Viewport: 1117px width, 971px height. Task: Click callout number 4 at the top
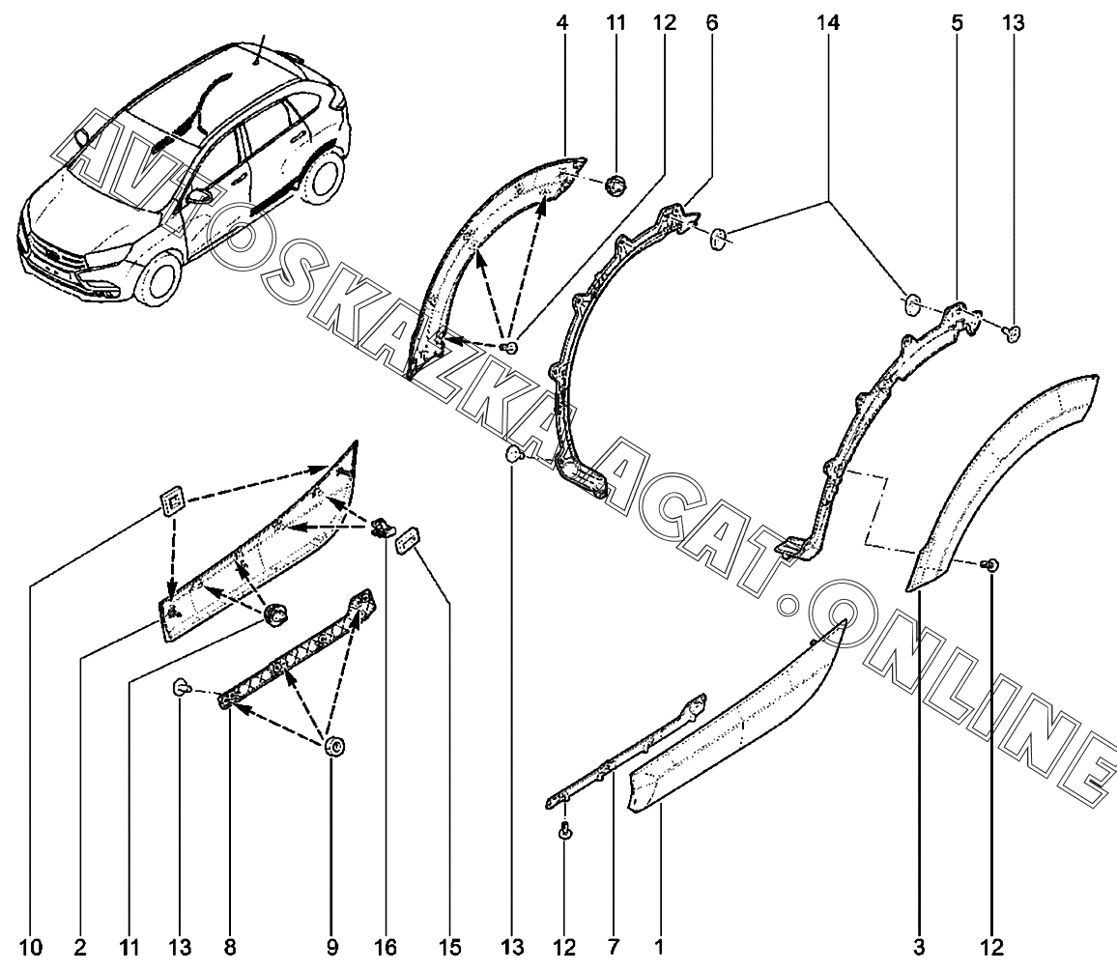coord(562,23)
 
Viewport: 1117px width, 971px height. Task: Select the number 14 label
coord(828,23)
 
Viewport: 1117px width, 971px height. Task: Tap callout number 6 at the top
coord(712,23)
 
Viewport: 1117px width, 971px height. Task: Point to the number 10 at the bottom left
coord(31,947)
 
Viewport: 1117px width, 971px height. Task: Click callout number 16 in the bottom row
coord(386,947)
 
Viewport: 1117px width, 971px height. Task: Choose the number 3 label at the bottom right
coord(920,947)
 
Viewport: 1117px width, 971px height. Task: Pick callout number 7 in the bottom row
coord(614,947)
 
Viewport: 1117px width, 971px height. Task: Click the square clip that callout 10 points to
coord(172,503)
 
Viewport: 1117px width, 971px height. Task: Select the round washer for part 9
coord(334,747)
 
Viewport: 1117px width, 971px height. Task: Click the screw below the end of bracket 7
coord(565,831)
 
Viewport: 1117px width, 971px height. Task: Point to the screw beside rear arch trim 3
coord(991,565)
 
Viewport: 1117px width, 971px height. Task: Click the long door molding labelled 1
coord(736,720)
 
